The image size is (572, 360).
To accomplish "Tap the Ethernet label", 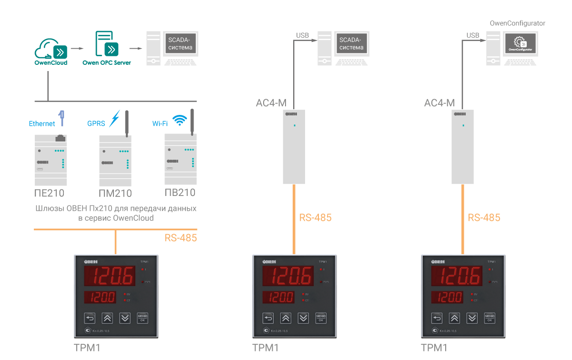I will point(42,123).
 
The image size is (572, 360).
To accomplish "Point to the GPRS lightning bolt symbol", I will point(114,119).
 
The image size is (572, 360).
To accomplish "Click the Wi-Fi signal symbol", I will point(180,120).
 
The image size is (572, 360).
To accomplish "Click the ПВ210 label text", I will point(180,193).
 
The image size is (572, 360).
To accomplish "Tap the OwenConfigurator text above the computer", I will point(518,23).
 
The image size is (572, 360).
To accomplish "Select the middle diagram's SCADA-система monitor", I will point(351,44).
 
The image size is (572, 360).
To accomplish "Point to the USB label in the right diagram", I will point(473,35).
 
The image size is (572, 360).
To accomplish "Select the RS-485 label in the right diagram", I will point(484,218).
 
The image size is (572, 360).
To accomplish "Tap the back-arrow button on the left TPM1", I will point(91,319).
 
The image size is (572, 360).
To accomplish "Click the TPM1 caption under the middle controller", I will point(265,348).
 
